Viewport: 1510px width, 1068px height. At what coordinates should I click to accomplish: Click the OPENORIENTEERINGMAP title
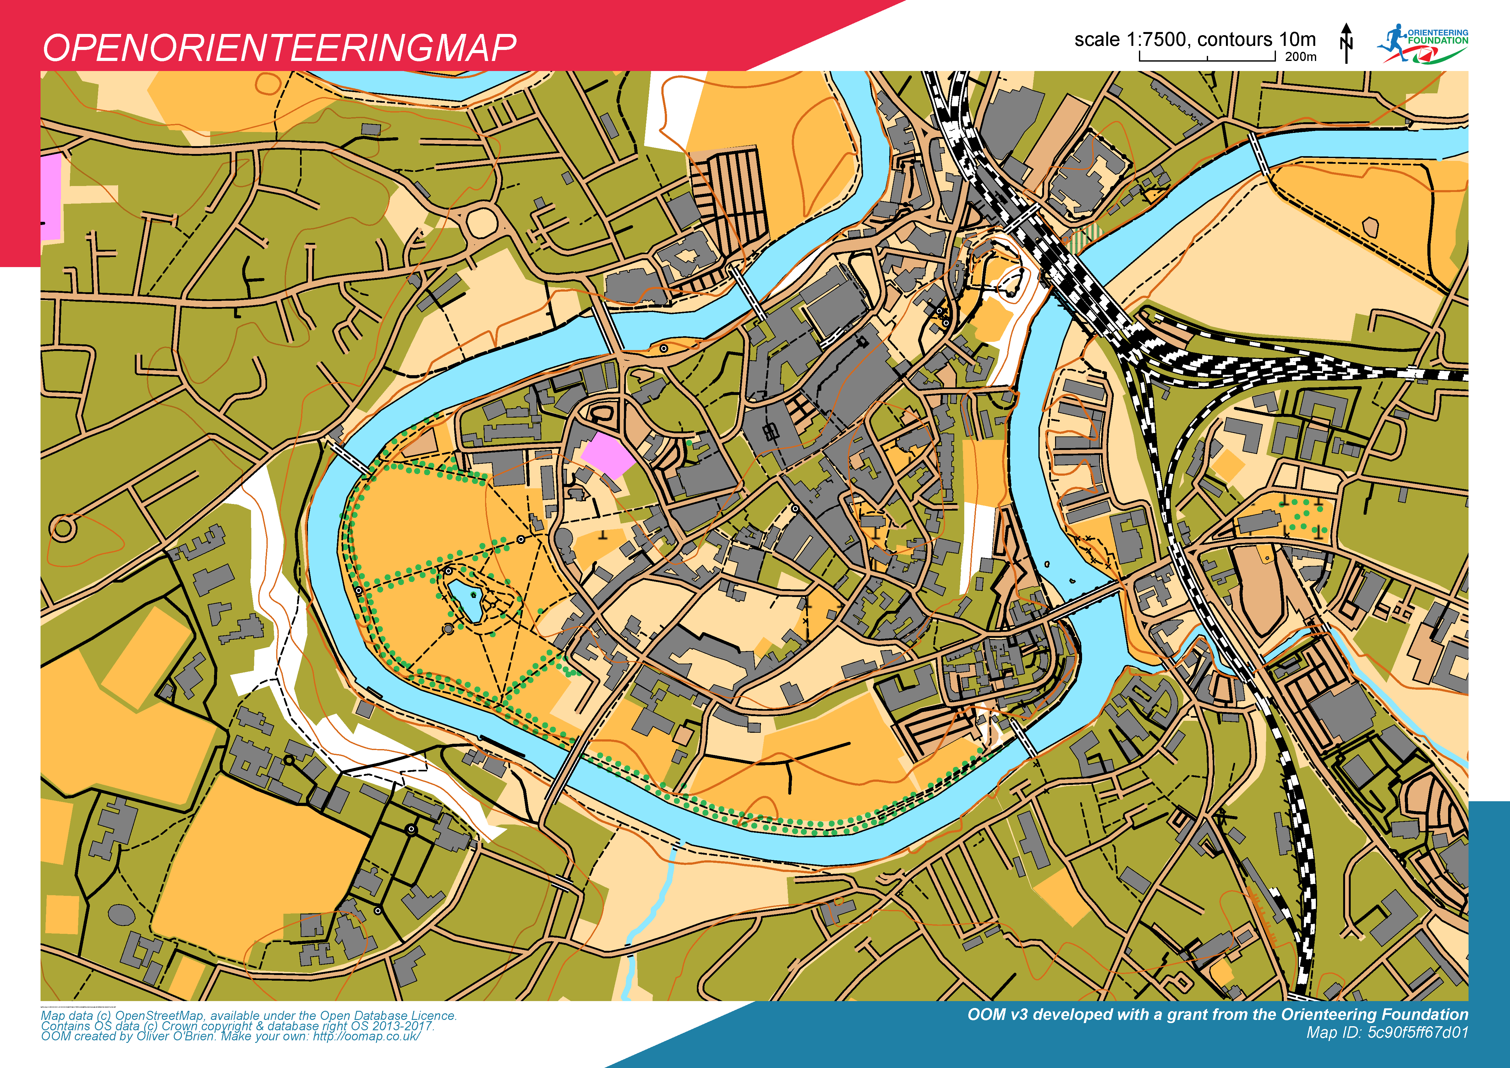click(x=280, y=48)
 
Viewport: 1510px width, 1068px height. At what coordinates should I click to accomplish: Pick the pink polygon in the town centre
click(x=607, y=454)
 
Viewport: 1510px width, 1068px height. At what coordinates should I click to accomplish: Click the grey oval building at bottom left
click(x=121, y=914)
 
